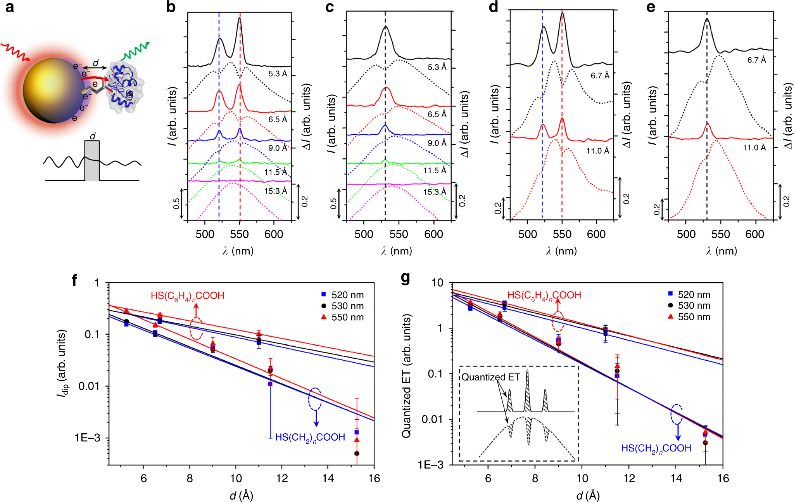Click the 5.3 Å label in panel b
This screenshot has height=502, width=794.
click(278, 73)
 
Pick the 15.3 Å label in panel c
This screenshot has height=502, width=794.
click(435, 192)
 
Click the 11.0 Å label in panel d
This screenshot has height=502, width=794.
click(597, 151)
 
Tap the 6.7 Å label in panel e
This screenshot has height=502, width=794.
click(756, 60)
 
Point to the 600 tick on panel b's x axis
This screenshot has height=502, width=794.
click(274, 234)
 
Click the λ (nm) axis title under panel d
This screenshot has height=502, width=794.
click(561, 251)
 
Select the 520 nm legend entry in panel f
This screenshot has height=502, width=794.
click(343, 295)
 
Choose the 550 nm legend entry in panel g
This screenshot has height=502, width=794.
click(689, 317)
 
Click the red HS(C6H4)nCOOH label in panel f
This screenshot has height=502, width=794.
click(187, 296)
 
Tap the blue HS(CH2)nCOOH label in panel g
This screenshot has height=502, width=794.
click(656, 448)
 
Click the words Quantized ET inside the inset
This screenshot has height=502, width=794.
click(490, 377)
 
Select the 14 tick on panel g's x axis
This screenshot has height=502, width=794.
click(676, 478)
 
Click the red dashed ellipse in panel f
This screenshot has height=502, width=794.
click(196, 328)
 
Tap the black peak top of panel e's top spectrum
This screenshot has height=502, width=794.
click(707, 19)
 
